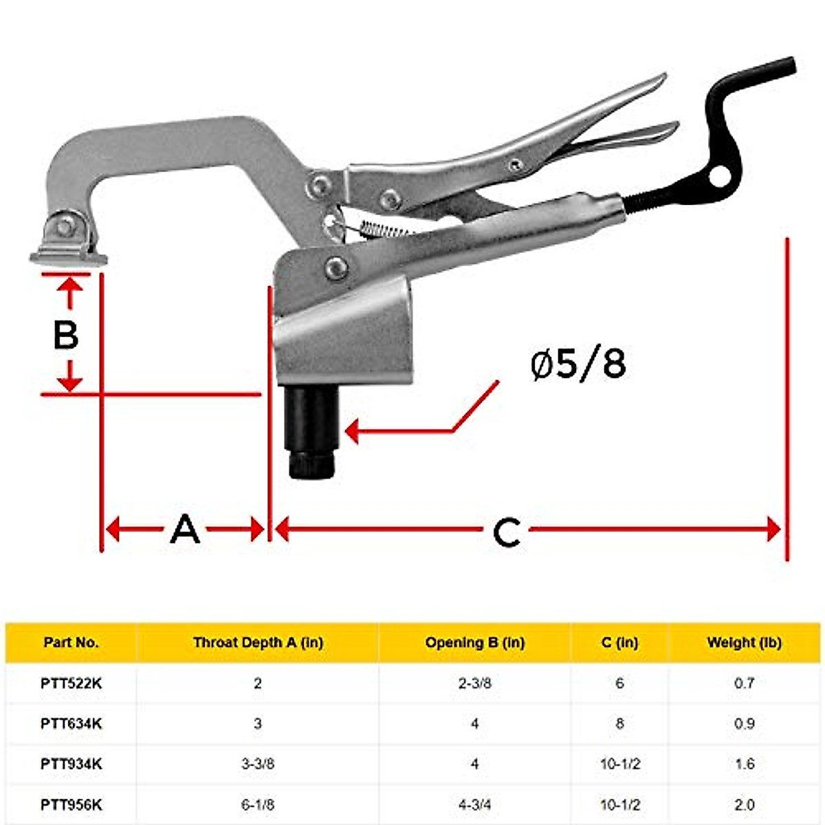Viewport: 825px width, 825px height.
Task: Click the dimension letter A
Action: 185,529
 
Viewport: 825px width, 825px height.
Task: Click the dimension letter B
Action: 66,335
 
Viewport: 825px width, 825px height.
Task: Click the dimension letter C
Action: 507,531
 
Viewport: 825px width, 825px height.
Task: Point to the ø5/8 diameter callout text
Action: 578,364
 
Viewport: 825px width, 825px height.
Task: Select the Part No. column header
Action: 71,643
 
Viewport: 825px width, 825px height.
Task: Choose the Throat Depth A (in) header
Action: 258,643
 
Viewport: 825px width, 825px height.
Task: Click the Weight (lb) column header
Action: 744,643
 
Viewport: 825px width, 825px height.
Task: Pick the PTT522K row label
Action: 71,683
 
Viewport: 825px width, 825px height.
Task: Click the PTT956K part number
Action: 71,804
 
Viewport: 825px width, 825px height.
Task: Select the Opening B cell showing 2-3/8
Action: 474,683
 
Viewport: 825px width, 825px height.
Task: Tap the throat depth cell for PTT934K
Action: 258,764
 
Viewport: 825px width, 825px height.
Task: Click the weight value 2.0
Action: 744,804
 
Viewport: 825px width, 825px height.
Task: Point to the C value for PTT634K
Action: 619,723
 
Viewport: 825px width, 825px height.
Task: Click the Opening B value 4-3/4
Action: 474,804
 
